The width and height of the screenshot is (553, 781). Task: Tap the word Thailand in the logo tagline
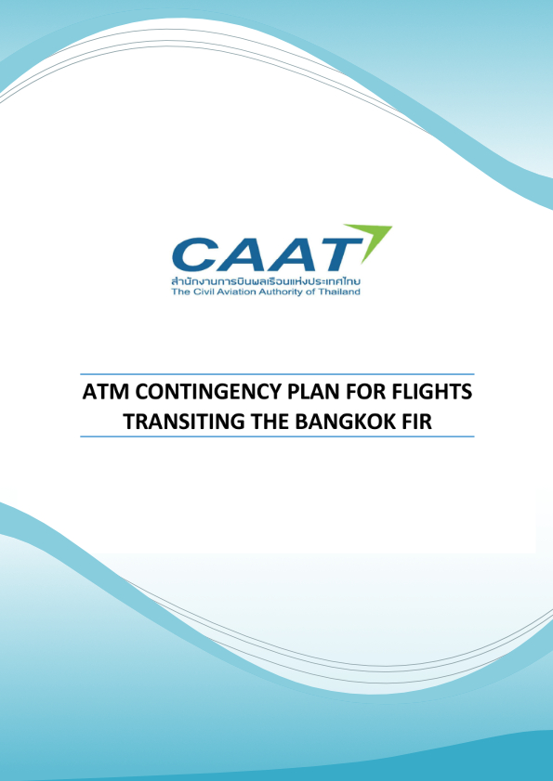(x=343, y=293)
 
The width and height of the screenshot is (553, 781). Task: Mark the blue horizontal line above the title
(x=277, y=373)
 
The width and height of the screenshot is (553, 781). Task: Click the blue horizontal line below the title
(x=277, y=436)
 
